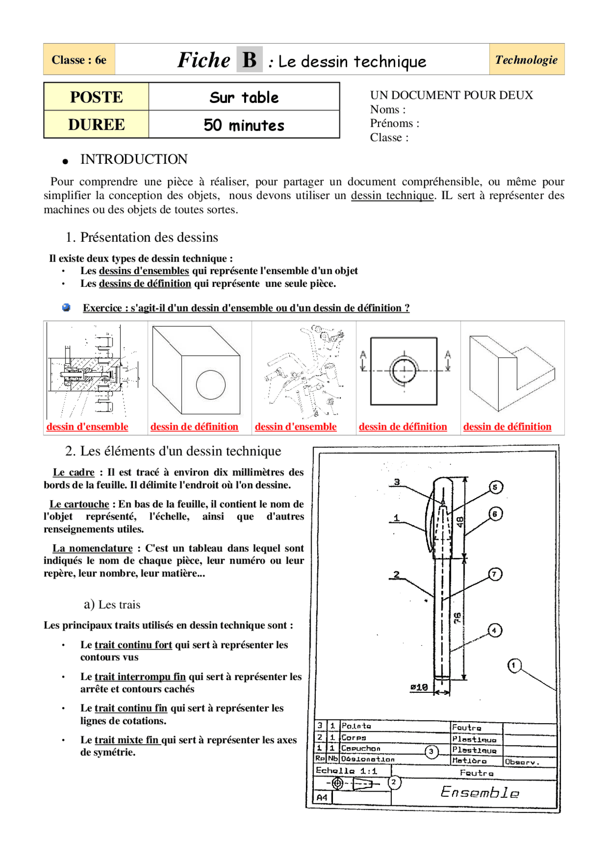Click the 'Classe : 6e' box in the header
pyautogui.click(x=79, y=60)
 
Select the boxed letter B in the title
pyautogui.click(x=249, y=60)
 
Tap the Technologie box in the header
pyautogui.click(x=526, y=60)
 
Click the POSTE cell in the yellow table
pyautogui.click(x=96, y=97)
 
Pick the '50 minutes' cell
pyautogui.click(x=244, y=125)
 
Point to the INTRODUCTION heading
pyautogui.click(x=134, y=160)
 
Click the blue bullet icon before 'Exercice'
pyautogui.click(x=66, y=308)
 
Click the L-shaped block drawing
pyautogui.click(x=512, y=373)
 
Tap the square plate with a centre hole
pyautogui.click(x=404, y=371)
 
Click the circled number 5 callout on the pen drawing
pyautogui.click(x=495, y=487)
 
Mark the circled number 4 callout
pyautogui.click(x=494, y=631)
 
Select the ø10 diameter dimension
pyautogui.click(x=419, y=687)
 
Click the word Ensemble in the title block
pyautogui.click(x=479, y=792)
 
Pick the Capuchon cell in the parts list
pyautogui.click(x=361, y=748)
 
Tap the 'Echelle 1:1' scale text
pyautogui.click(x=346, y=771)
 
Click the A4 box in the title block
pyautogui.click(x=322, y=798)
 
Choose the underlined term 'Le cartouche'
pyautogui.click(x=79, y=504)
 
